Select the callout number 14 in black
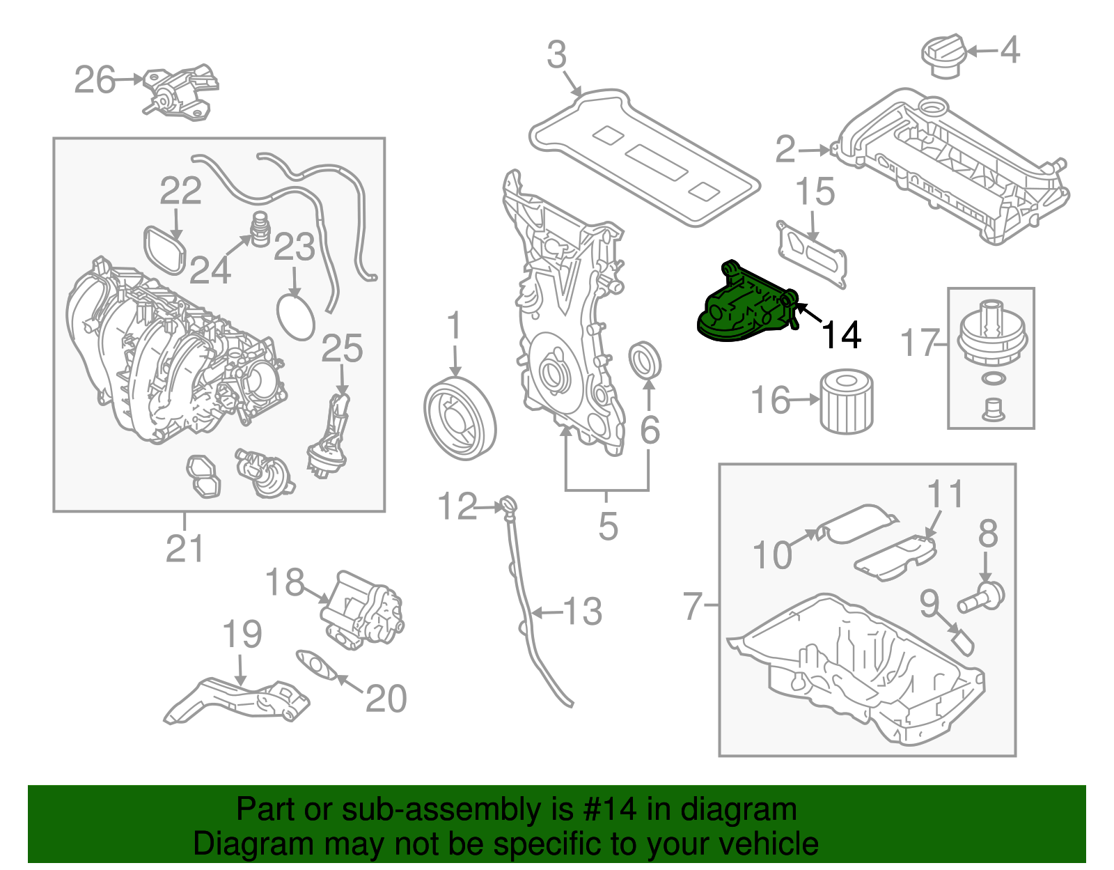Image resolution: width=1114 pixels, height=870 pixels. click(842, 335)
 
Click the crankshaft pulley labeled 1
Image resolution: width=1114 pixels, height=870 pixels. click(460, 418)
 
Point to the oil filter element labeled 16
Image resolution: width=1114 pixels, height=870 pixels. click(847, 403)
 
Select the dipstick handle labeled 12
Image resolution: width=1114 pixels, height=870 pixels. click(508, 504)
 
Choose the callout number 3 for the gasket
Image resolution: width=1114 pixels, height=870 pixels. click(556, 55)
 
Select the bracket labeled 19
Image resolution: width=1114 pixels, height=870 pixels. click(237, 700)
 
